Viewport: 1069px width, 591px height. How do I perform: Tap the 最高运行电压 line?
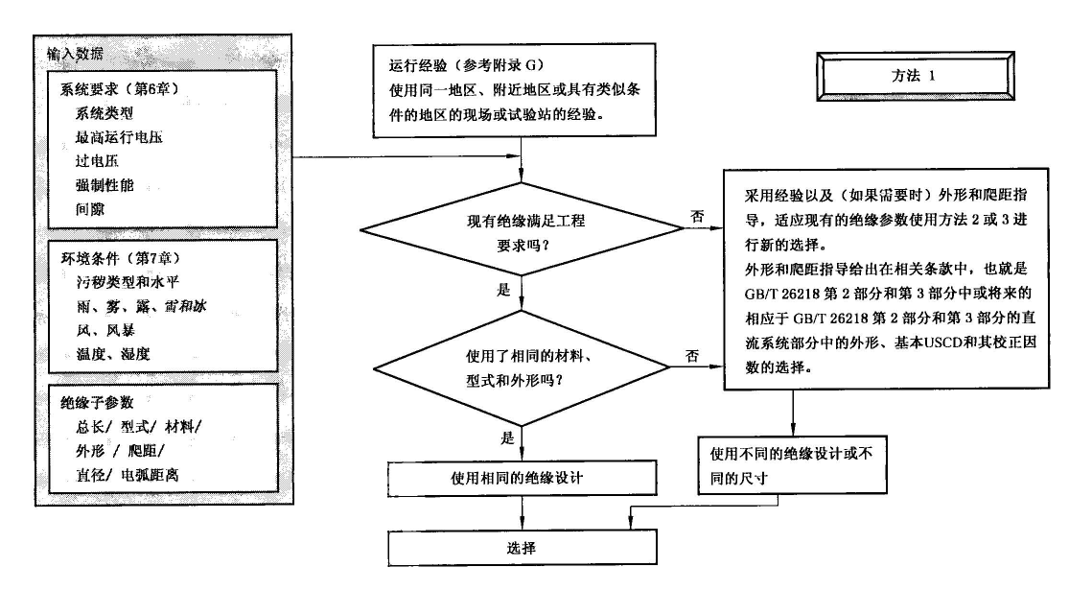click(120, 136)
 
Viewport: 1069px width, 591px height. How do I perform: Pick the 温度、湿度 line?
click(113, 354)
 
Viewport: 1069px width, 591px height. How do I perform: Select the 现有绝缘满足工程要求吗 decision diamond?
click(522, 231)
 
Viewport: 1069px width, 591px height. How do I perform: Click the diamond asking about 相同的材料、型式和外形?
click(522, 366)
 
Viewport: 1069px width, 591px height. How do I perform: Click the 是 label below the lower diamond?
click(507, 437)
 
